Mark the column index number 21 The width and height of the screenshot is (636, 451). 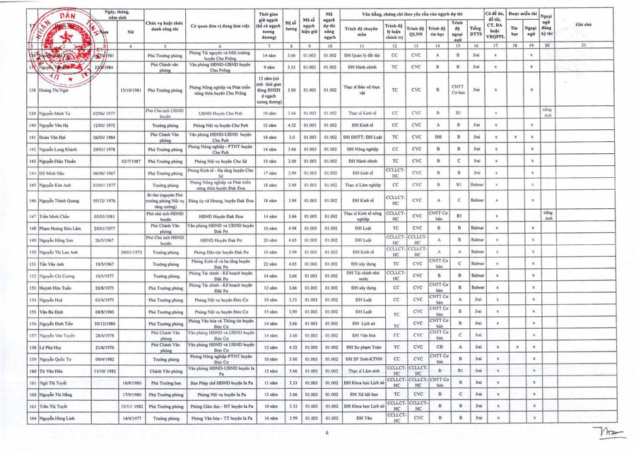(584, 45)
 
